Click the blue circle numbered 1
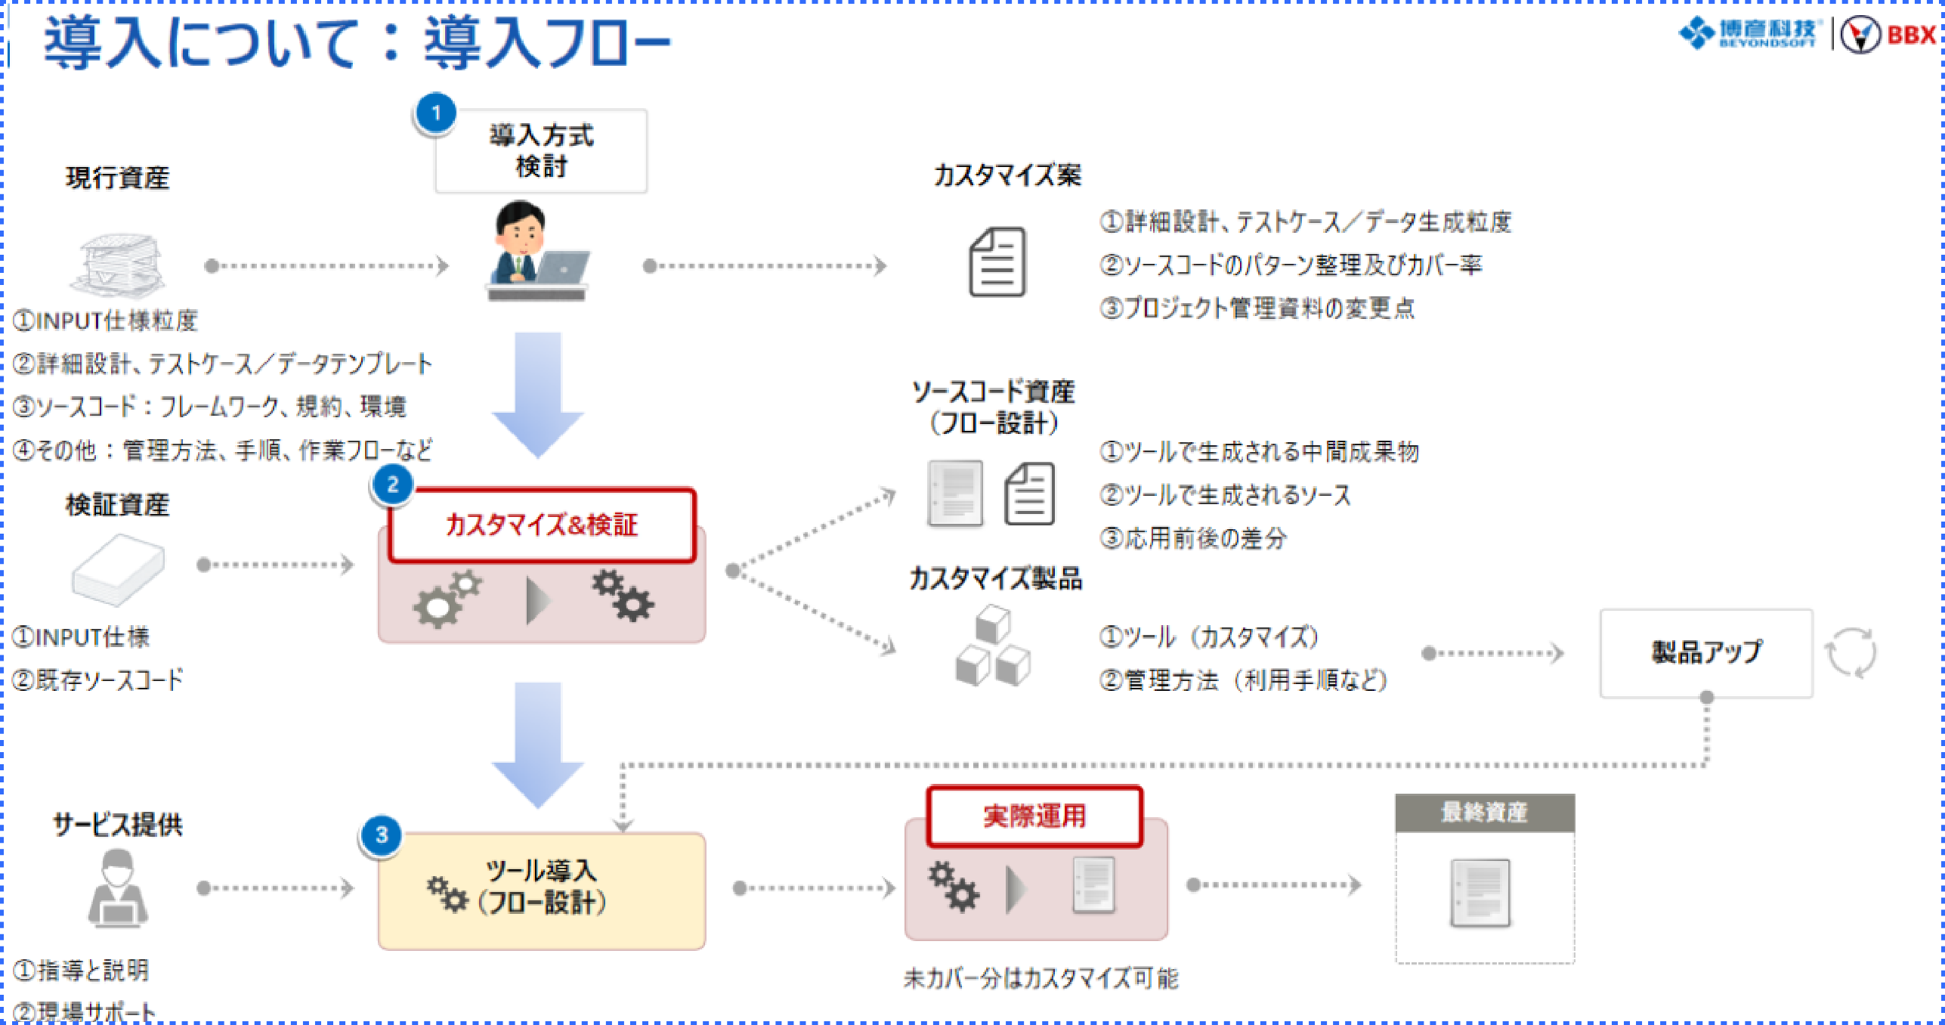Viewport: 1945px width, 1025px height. pyautogui.click(x=435, y=114)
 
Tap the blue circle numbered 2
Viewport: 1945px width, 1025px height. pyautogui.click(x=392, y=485)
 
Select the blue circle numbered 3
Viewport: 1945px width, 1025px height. pyautogui.click(x=382, y=835)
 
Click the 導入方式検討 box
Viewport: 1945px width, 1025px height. pyautogui.click(x=541, y=151)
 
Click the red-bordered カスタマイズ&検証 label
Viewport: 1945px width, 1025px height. pyautogui.click(x=541, y=525)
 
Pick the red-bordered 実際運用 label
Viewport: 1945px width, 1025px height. pyautogui.click(x=1034, y=816)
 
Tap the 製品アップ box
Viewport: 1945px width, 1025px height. pyautogui.click(x=1705, y=652)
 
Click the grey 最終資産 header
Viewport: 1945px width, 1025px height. pyautogui.click(x=1484, y=813)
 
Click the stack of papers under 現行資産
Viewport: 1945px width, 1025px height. pyautogui.click(x=119, y=265)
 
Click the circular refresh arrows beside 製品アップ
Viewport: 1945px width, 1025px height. pyautogui.click(x=1850, y=653)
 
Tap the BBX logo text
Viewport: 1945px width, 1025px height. pyautogui.click(x=1911, y=35)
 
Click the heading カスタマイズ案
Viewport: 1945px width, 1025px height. pyautogui.click(x=1007, y=175)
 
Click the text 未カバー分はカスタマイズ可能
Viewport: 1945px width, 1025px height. pyautogui.click(x=1041, y=979)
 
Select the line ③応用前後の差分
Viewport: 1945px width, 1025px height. pyautogui.click(x=1192, y=538)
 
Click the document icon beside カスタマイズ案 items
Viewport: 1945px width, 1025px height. pyautogui.click(x=997, y=262)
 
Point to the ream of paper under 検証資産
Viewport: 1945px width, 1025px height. pyautogui.click(x=118, y=568)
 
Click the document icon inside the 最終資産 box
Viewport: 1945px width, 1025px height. pyautogui.click(x=1480, y=893)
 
